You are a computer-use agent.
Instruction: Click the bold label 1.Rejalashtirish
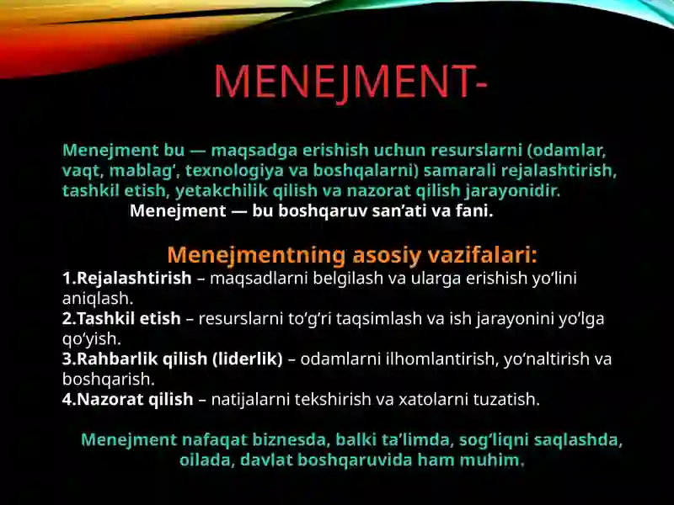pos(127,279)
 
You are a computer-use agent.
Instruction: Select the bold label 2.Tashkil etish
pos(121,319)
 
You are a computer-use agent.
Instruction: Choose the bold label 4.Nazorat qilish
pos(128,400)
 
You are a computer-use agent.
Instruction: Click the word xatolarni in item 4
pos(412,400)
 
